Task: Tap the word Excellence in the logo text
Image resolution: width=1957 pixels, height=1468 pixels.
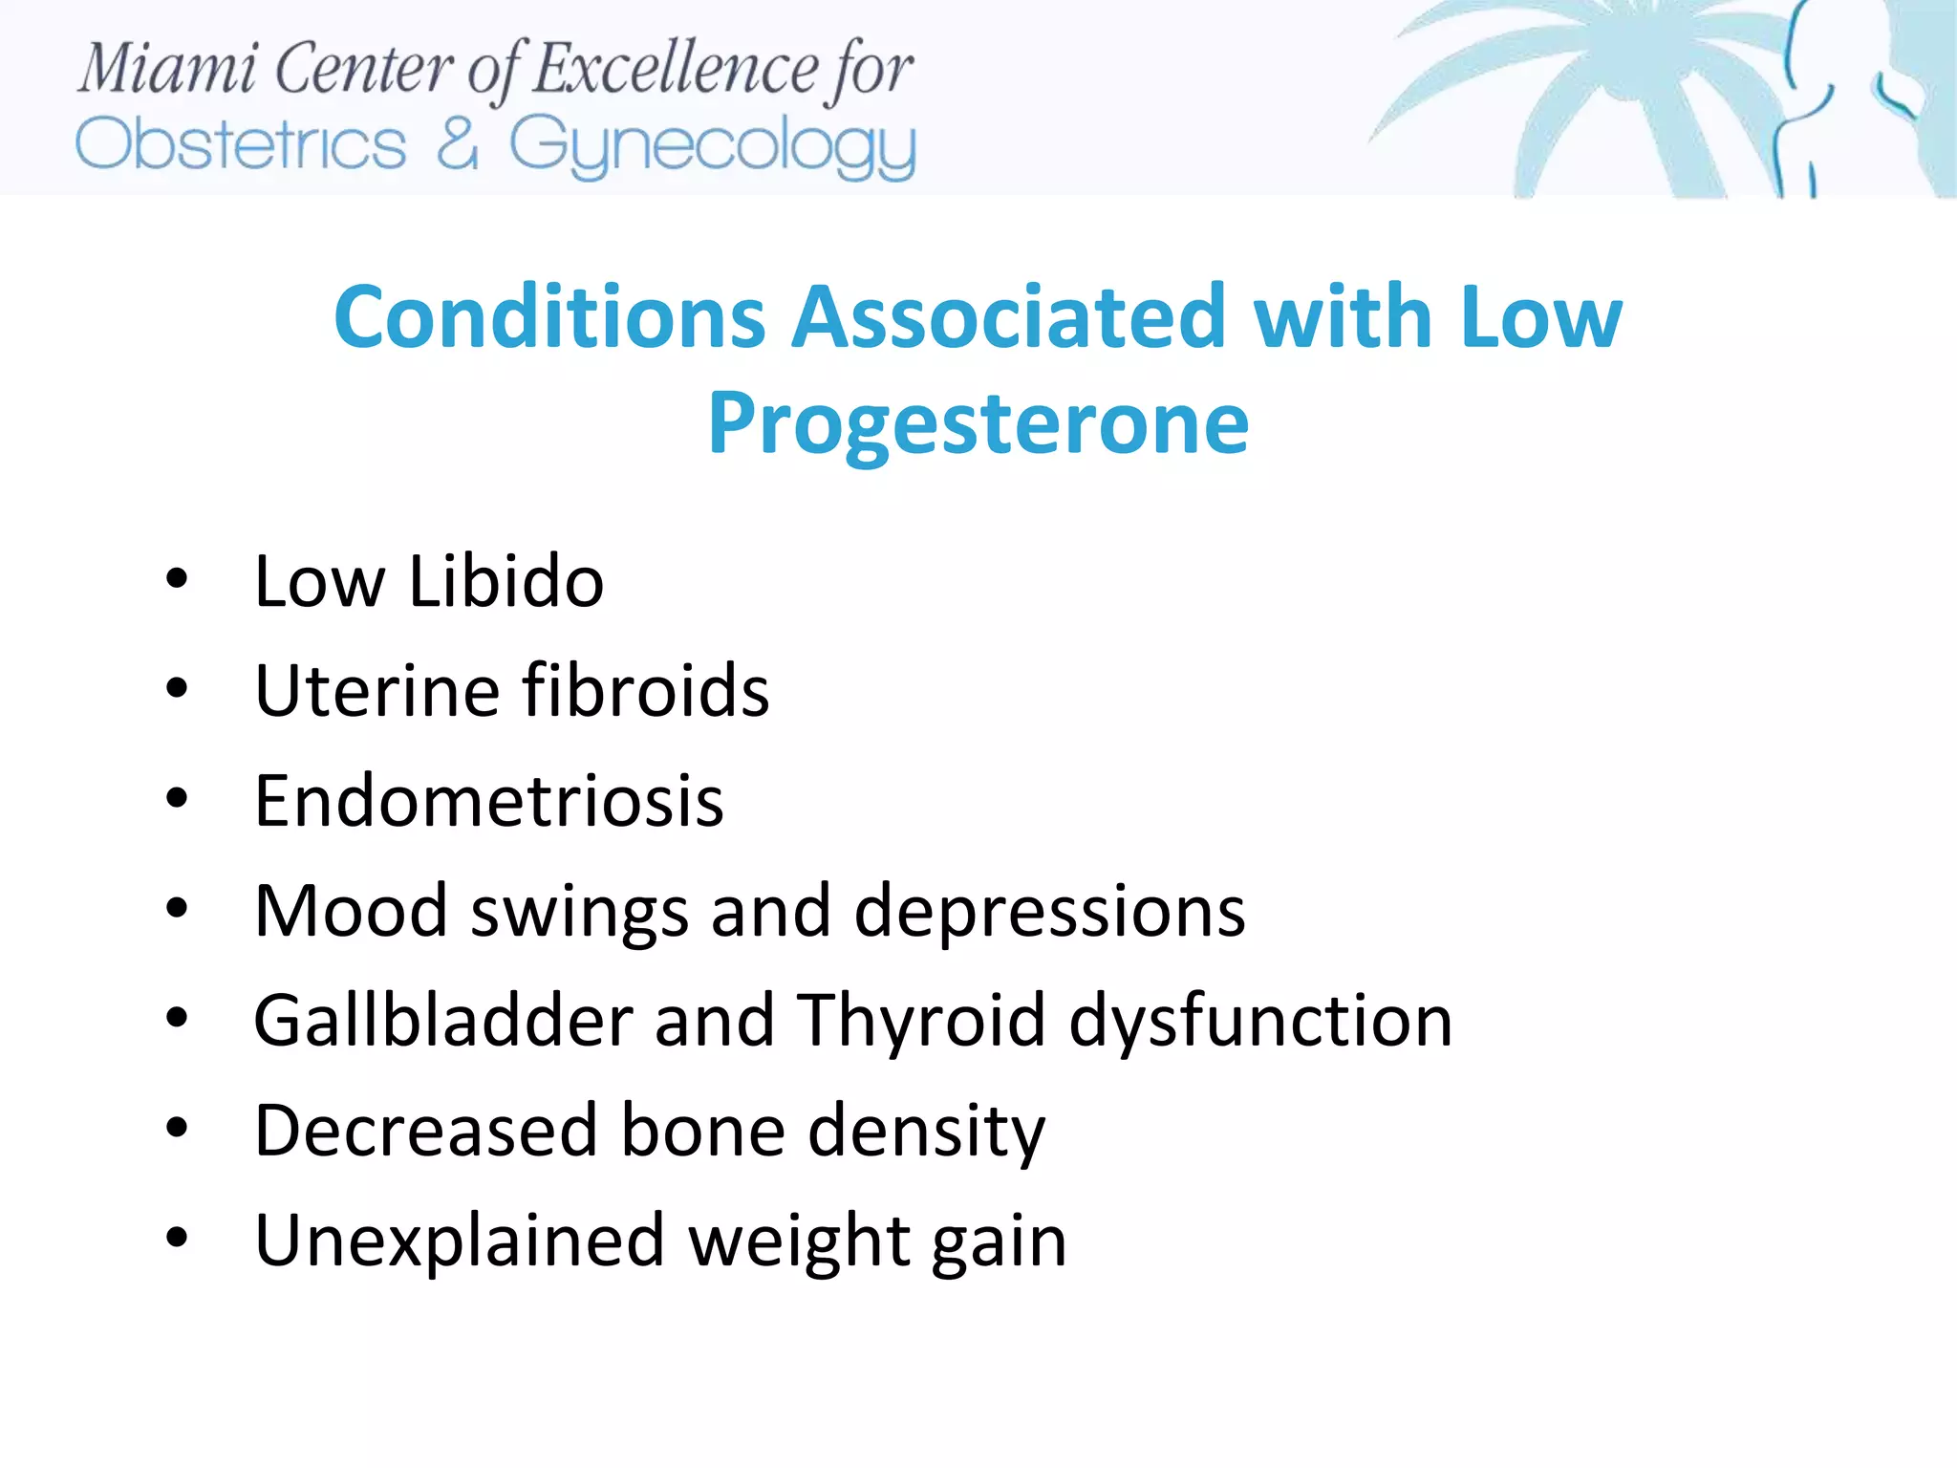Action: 676,70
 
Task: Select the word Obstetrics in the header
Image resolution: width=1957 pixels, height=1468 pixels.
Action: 241,145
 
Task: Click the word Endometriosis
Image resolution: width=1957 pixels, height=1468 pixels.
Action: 489,801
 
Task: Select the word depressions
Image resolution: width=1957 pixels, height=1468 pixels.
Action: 1049,912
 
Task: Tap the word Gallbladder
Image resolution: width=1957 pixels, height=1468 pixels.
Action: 443,1021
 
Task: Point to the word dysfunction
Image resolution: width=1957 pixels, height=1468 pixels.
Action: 1260,1021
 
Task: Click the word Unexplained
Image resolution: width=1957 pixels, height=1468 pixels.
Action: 459,1241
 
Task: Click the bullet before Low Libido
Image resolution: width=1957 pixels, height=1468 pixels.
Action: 177,579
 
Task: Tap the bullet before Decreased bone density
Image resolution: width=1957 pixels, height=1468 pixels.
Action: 177,1129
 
